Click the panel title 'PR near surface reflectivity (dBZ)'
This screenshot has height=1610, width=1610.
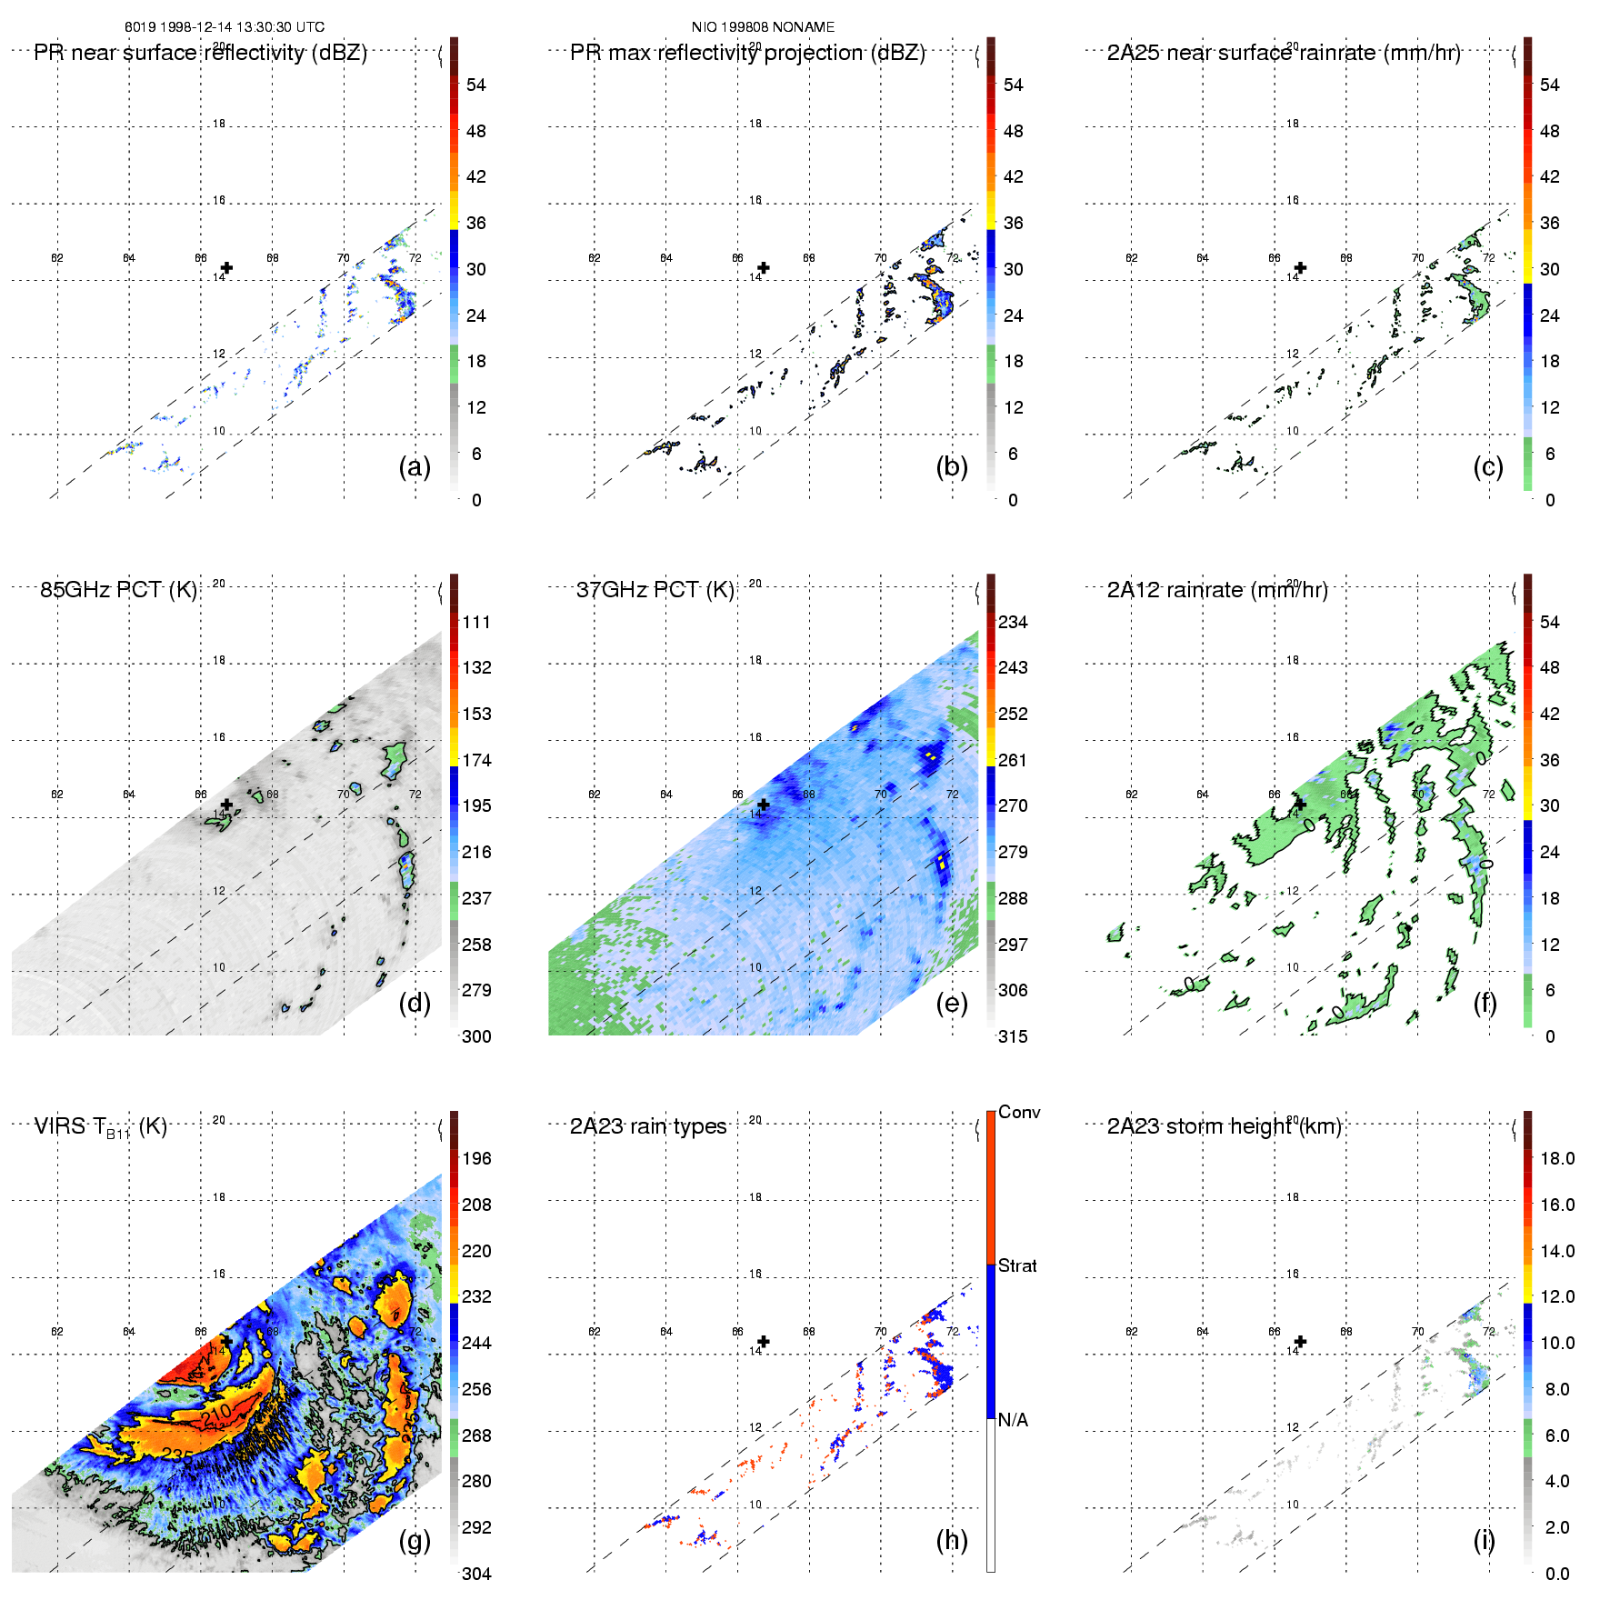(200, 53)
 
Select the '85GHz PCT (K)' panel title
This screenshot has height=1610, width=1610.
(118, 590)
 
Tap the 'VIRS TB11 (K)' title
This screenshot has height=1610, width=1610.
(100, 1127)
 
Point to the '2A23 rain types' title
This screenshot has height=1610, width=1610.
(648, 1127)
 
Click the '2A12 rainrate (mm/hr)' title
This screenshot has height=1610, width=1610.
(1217, 590)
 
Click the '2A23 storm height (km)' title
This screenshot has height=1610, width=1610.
(1224, 1127)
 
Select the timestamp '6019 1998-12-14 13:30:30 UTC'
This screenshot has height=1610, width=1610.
(225, 27)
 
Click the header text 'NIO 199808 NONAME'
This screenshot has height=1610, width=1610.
(763, 27)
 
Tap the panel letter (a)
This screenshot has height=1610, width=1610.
(415, 466)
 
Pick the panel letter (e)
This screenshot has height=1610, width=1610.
(952, 1003)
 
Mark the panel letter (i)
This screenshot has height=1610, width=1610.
(1484, 1540)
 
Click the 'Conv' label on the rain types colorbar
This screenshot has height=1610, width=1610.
(1019, 1113)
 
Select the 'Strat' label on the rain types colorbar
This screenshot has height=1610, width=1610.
(1017, 1266)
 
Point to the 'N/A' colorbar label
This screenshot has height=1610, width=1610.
(1013, 1420)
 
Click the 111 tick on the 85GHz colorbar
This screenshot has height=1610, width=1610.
(476, 623)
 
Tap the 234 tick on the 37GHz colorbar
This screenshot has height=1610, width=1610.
(1013, 623)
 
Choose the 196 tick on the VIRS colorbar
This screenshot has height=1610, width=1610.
(476, 1159)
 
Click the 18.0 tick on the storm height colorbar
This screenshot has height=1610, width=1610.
(1556, 1159)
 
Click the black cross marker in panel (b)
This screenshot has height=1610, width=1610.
(764, 268)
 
